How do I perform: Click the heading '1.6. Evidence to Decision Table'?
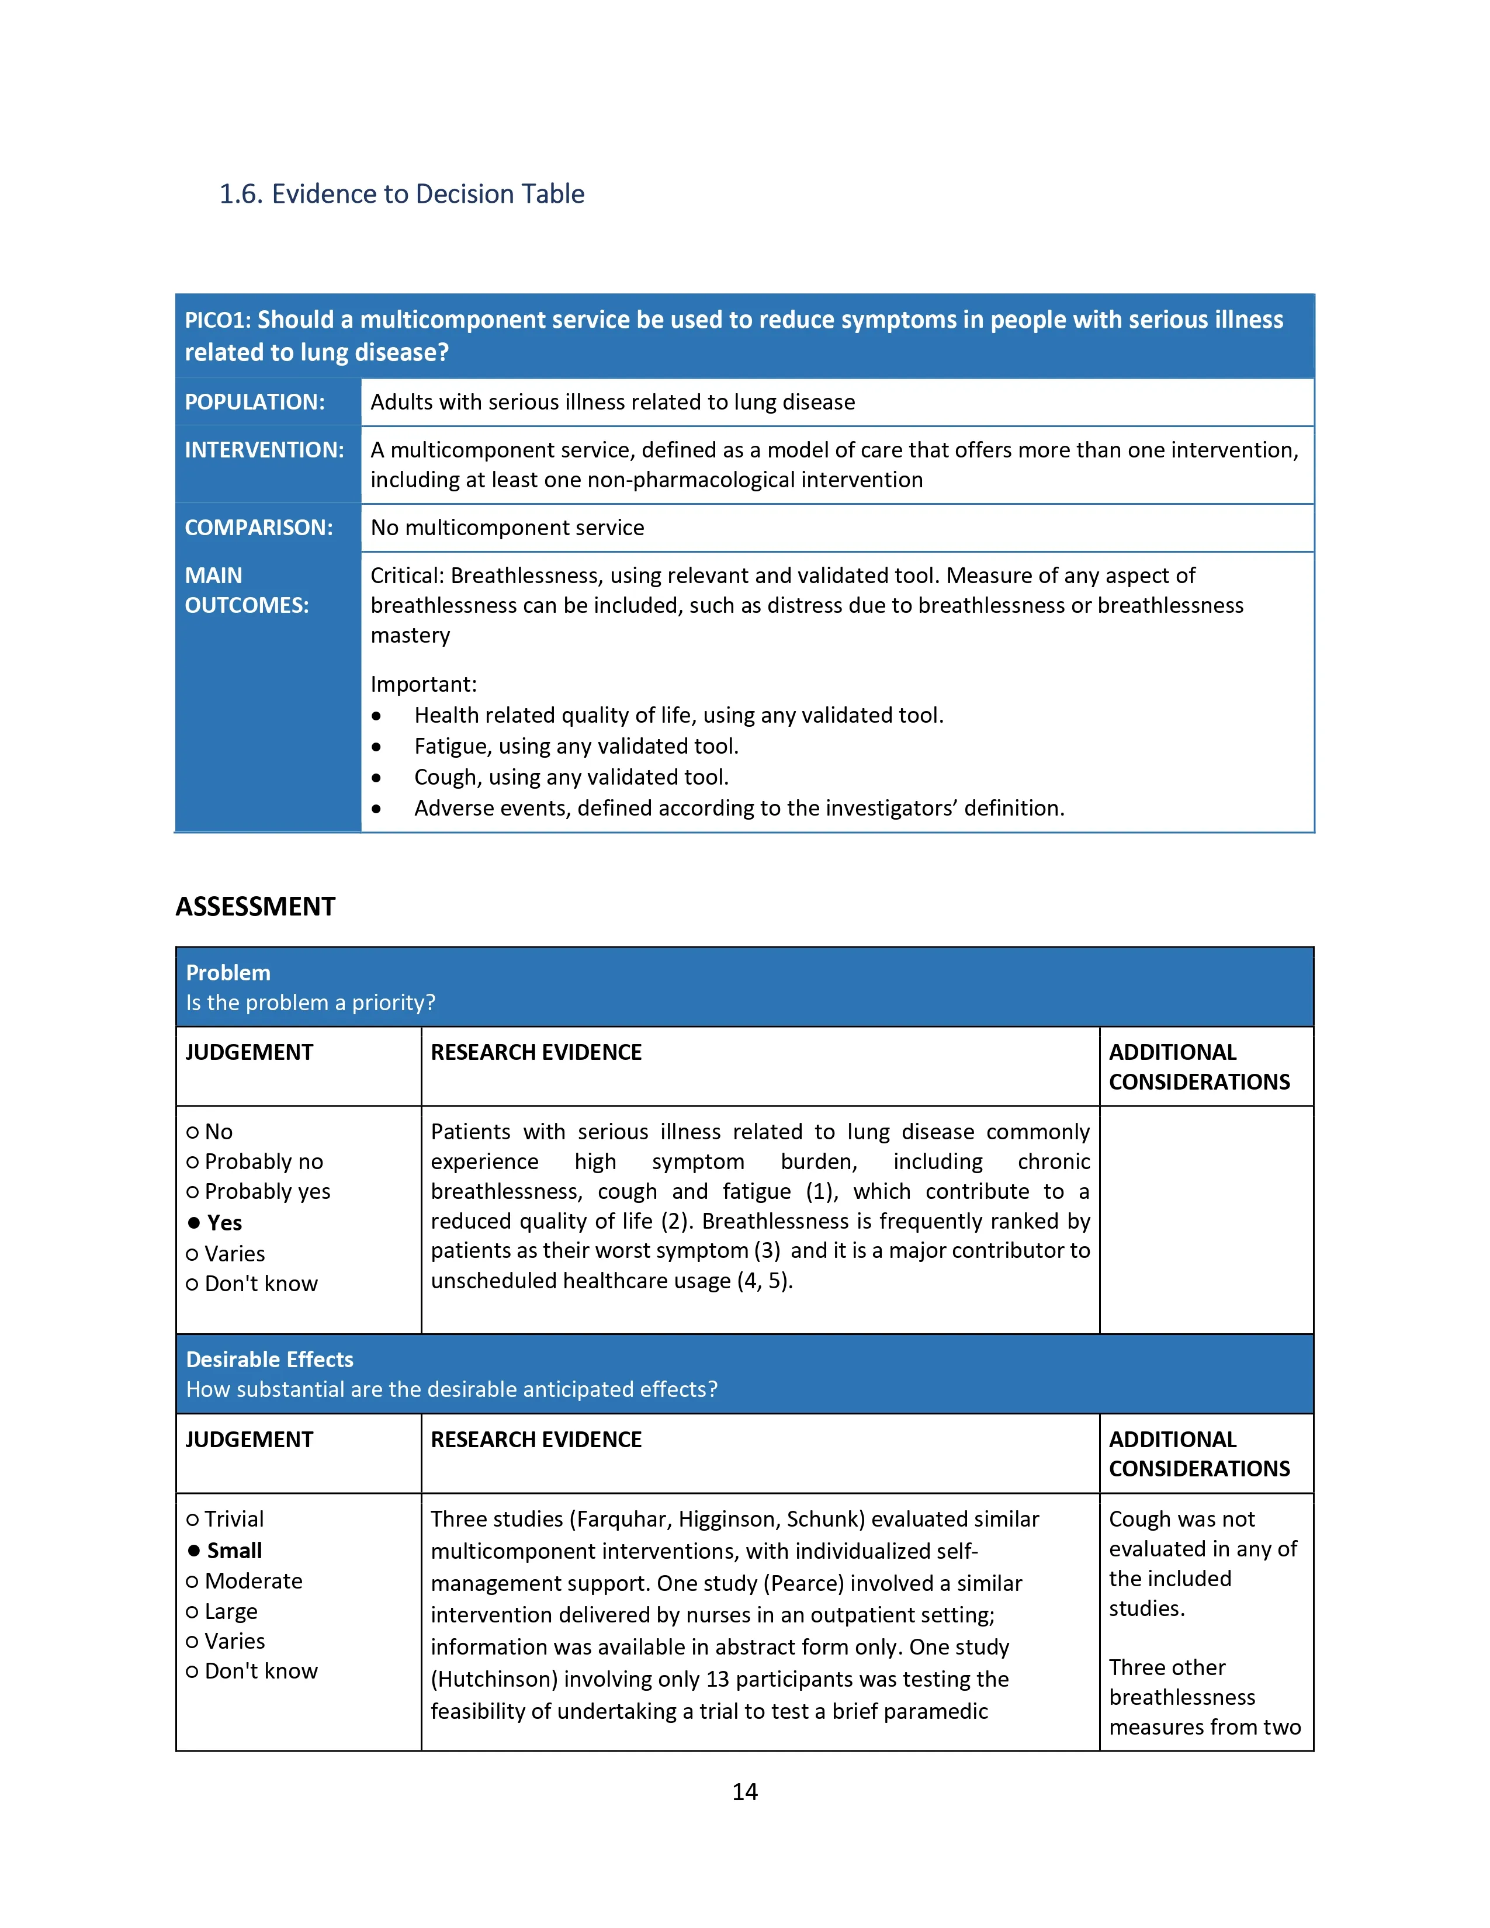(x=401, y=194)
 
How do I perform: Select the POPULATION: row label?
(x=254, y=403)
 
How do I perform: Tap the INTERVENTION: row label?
(x=264, y=450)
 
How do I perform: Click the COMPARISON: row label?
(x=259, y=528)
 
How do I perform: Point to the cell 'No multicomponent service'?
(x=508, y=528)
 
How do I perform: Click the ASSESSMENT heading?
(x=255, y=907)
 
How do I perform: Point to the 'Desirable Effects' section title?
(x=269, y=1360)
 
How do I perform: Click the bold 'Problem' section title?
(x=228, y=973)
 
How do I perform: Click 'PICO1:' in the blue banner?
(x=217, y=320)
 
